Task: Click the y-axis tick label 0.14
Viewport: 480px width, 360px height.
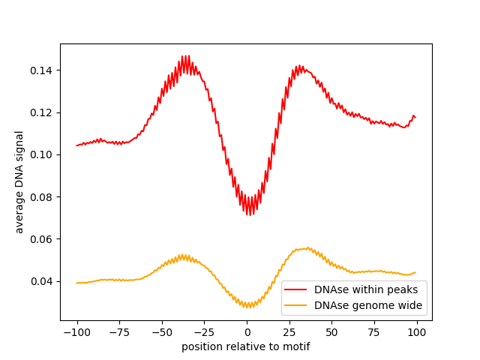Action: (x=42, y=70)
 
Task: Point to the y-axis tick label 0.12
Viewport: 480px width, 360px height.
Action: (x=42, y=112)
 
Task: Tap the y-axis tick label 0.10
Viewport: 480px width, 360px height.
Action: (x=42, y=154)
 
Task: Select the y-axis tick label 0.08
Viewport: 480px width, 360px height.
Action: (x=42, y=197)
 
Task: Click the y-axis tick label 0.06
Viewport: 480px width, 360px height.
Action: (x=42, y=239)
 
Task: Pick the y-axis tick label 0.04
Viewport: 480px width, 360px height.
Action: (x=42, y=281)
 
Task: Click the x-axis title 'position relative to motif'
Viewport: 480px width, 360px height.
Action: (x=246, y=346)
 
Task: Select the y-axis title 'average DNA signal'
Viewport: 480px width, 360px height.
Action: (x=19, y=181)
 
